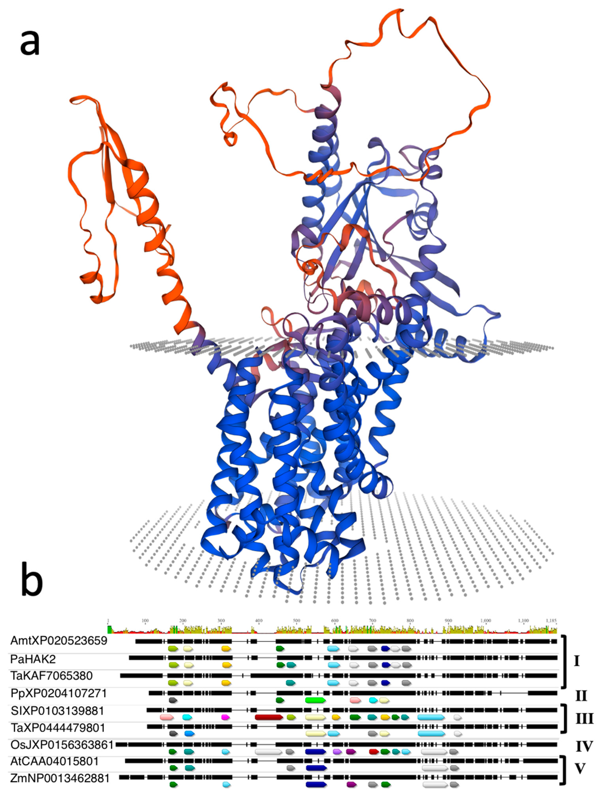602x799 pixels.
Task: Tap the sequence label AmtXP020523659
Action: [x=59, y=641]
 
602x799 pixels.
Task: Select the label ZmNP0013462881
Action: [x=60, y=778]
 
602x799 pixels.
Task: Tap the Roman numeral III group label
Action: [x=584, y=719]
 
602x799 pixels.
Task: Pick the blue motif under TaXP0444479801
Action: [x=189, y=734]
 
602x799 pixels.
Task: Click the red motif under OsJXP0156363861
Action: [x=374, y=752]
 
